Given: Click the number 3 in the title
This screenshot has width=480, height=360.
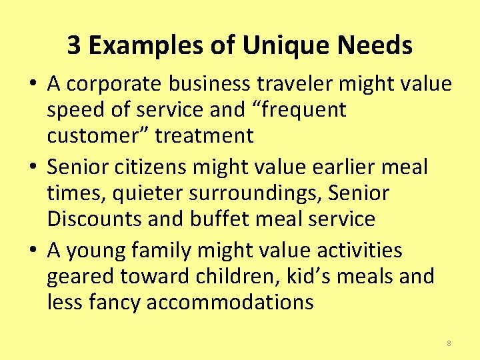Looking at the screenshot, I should click(74, 46).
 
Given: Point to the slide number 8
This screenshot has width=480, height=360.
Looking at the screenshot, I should click(449, 343).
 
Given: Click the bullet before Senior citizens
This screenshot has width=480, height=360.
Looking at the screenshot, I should click(32, 167).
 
